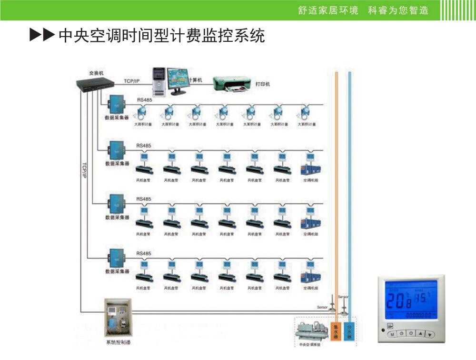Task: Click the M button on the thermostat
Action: point(393,334)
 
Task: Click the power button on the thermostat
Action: point(411,334)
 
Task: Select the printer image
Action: point(231,84)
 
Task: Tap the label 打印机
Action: point(262,84)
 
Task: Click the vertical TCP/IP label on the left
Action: point(84,170)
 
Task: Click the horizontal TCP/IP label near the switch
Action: point(132,81)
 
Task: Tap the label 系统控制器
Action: point(118,342)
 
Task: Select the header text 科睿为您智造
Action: point(398,10)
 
